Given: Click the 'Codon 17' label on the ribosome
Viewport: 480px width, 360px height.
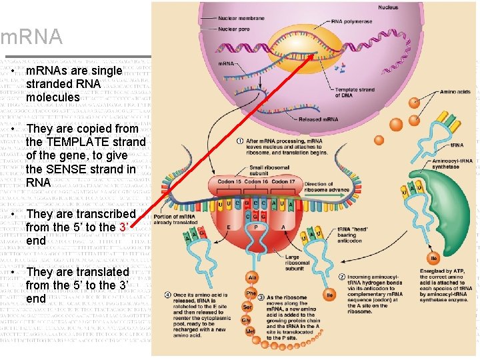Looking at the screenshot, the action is point(283,182).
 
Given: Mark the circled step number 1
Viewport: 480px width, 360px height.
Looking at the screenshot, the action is point(239,141).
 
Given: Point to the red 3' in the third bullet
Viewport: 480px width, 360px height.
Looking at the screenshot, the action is point(123,227).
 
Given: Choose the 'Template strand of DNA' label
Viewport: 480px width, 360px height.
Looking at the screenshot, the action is point(355,92).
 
